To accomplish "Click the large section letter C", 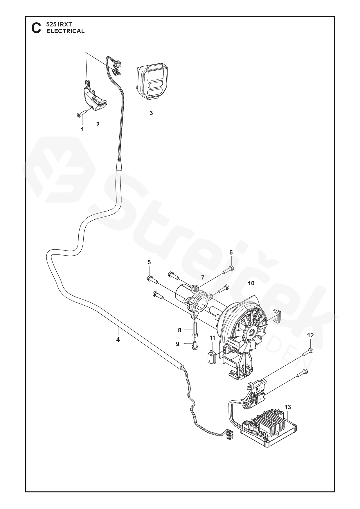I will pyautogui.click(x=36, y=28).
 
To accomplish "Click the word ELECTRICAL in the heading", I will pyautogui.click(x=66, y=31).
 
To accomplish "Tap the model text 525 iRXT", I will pyautogui.click(x=59, y=25).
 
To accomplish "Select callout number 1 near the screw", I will pyautogui.click(x=82, y=129).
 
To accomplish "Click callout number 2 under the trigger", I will pyautogui.click(x=98, y=124).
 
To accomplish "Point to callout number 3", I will pyautogui.click(x=151, y=113).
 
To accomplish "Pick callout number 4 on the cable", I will pyautogui.click(x=118, y=339).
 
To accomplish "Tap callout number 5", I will pyautogui.click(x=149, y=262).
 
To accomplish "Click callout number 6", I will pyautogui.click(x=231, y=252).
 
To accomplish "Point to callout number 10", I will pyautogui.click(x=251, y=283).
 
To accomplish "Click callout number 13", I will pyautogui.click(x=288, y=407).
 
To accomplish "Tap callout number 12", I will pyautogui.click(x=310, y=335).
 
